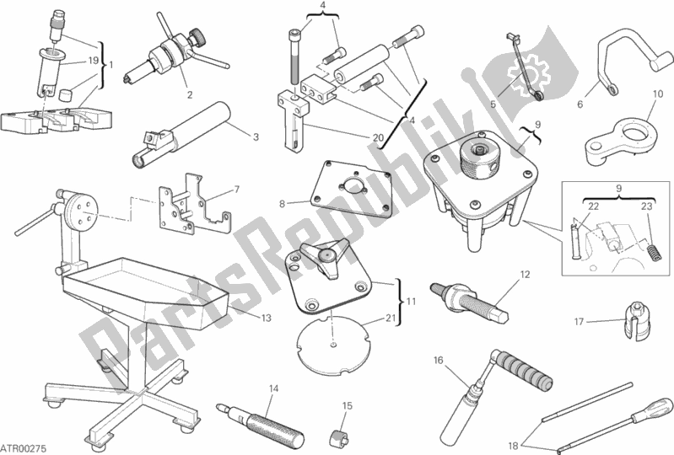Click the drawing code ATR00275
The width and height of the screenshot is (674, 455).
24,448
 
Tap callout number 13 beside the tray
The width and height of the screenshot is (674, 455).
266,318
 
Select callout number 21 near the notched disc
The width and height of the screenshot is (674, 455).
391,318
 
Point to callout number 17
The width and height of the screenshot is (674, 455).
579,322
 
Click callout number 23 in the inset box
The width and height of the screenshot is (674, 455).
647,206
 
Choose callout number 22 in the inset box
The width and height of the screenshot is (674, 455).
594,206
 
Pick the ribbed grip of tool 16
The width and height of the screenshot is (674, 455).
525,370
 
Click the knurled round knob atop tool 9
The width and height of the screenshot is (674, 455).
479,157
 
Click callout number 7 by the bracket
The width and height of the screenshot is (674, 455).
236,190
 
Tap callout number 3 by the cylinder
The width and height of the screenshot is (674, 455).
256,137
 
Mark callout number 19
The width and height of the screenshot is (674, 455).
94,61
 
